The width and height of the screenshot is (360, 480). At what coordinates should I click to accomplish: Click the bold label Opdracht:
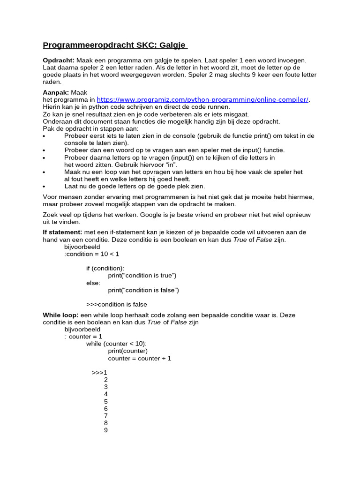[59, 60]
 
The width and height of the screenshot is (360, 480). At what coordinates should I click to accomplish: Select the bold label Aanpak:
[56, 92]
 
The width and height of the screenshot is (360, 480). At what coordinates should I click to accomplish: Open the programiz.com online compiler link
[202, 99]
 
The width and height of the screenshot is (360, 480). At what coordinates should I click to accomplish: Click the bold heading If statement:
[62, 232]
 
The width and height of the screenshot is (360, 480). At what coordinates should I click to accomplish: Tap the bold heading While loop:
[60, 315]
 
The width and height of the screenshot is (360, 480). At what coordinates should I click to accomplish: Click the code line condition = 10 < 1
[93, 254]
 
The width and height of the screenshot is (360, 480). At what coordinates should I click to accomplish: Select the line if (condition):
[105, 268]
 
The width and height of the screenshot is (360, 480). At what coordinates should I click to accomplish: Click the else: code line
[93, 283]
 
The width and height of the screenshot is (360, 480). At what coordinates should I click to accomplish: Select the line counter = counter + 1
[140, 358]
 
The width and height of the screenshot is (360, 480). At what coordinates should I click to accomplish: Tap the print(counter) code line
[128, 351]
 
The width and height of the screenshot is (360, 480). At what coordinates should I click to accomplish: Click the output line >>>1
[100, 373]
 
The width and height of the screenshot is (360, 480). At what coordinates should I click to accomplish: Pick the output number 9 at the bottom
[106, 430]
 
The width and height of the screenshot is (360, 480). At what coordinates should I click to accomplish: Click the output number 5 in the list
[106, 401]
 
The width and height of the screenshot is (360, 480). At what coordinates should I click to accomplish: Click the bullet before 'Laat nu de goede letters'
[44, 187]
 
